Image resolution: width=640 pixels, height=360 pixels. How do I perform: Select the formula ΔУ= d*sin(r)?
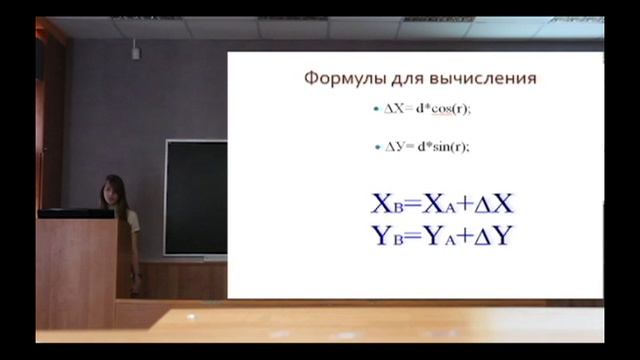click(427, 146)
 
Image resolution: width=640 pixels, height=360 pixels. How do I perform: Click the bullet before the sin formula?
click(376, 146)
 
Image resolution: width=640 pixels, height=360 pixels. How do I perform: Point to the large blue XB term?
click(386, 206)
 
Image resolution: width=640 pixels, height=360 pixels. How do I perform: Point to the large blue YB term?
click(386, 237)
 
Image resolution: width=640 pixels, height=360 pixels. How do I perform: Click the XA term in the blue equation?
click(440, 206)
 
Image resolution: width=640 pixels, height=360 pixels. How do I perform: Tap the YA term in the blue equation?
click(440, 237)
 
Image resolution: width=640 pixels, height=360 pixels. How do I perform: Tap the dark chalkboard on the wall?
click(195, 197)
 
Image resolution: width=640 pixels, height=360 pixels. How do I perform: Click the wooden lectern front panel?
click(76, 272)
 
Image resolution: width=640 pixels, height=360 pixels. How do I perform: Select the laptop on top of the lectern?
click(75, 213)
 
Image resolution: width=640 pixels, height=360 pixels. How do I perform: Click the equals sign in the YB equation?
click(413, 237)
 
